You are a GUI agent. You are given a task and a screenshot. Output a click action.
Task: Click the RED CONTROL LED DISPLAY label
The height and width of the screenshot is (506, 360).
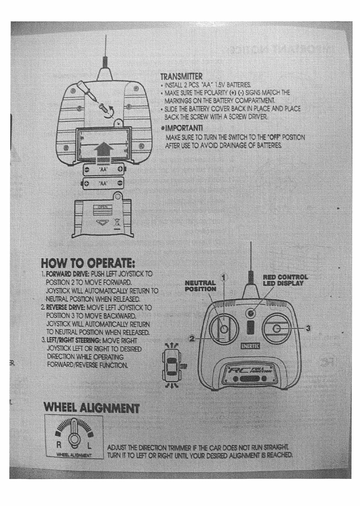[x=285, y=280]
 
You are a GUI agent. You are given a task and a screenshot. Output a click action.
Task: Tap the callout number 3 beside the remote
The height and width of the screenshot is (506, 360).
[x=307, y=328]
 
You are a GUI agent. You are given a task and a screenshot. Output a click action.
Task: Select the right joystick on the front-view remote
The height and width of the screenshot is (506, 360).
[x=276, y=328]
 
